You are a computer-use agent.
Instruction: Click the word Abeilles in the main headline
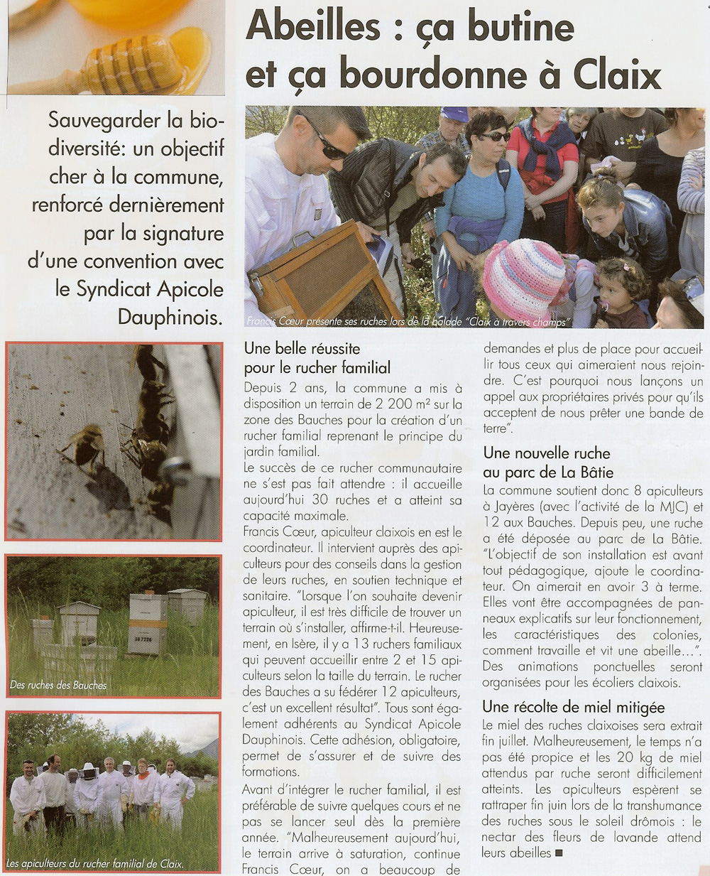click(313, 27)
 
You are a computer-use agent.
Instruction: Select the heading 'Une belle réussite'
click(302, 349)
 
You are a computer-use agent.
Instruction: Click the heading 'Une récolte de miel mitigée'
click(573, 707)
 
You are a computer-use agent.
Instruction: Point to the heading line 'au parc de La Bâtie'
click(548, 472)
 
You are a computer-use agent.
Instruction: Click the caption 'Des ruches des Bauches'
click(58, 686)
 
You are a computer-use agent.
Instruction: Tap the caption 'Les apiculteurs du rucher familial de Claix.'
click(94, 864)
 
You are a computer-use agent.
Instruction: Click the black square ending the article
click(559, 853)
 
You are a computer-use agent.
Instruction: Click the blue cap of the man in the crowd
click(454, 114)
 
